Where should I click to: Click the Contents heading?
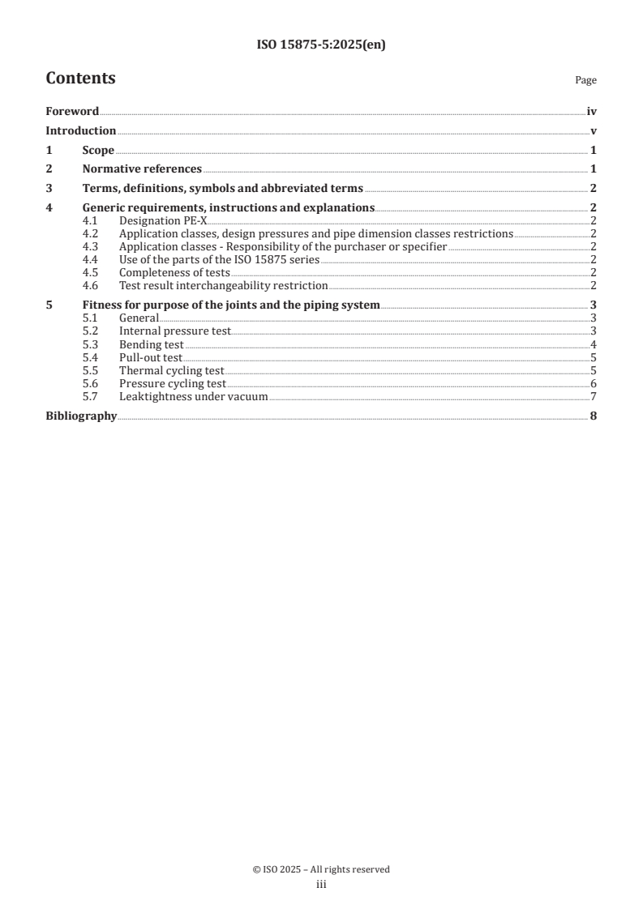click(80, 79)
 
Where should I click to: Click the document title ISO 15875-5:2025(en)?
click(321, 45)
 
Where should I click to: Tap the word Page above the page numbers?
click(585, 81)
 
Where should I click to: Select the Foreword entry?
click(72, 112)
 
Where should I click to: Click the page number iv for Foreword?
click(592, 112)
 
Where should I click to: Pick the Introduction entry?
click(80, 130)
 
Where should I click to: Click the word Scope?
click(98, 150)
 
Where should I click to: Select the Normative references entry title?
click(142, 169)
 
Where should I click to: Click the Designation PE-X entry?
click(163, 220)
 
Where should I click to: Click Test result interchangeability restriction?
click(223, 285)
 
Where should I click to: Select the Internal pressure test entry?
click(174, 331)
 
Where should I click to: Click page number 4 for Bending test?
click(594, 344)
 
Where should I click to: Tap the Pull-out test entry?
click(150, 357)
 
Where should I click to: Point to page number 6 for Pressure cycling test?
click(594, 383)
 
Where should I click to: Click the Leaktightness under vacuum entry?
click(193, 396)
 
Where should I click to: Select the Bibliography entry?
click(81, 416)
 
